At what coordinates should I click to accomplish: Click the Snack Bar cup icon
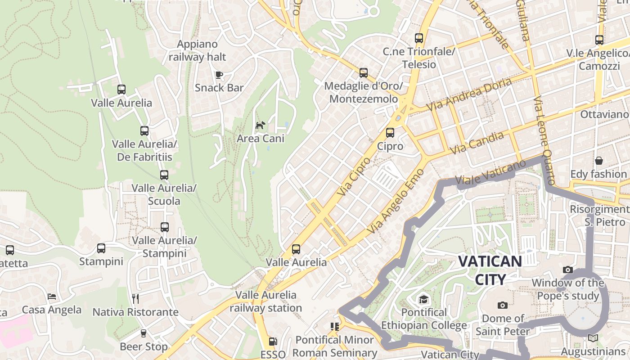219,75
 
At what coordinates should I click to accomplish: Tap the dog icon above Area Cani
260,125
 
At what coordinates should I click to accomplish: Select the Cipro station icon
390,133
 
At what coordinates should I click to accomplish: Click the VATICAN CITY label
490,270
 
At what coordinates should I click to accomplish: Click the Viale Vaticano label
490,172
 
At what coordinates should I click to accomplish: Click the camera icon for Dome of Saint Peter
503,306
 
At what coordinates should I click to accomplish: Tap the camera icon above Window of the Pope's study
568,270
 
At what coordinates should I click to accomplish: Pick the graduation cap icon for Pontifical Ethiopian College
423,299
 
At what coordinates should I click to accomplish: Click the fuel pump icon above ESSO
273,342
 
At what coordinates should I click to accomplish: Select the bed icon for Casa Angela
52,297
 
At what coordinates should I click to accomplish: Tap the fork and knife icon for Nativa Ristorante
135,298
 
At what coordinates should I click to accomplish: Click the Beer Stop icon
144,333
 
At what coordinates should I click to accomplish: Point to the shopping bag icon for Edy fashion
599,161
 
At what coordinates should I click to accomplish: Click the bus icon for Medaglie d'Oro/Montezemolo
364,73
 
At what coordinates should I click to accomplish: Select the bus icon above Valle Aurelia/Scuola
164,175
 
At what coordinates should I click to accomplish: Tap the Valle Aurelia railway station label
266,301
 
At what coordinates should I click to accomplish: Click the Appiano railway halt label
197,50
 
